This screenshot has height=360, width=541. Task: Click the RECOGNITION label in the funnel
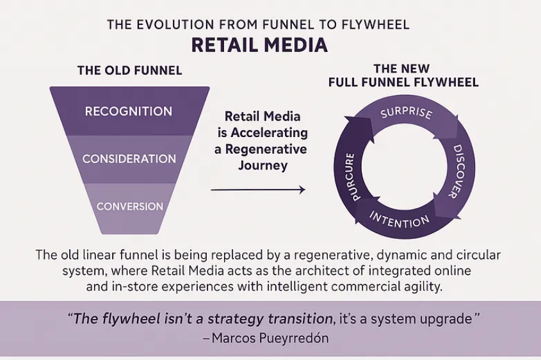[129, 111]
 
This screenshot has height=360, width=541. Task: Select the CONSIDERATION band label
[129, 159]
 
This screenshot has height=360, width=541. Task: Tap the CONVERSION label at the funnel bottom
[130, 206]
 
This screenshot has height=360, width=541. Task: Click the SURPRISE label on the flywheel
[406, 113]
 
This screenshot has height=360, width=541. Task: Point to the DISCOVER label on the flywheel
[458, 171]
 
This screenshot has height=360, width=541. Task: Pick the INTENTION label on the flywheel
[400, 220]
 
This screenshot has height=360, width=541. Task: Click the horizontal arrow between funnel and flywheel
[258, 190]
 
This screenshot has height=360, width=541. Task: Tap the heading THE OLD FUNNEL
[130, 70]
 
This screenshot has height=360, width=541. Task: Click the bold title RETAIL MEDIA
[259, 45]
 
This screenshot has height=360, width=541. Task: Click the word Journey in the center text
[262, 165]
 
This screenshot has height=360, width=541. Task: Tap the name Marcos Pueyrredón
[270, 338]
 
